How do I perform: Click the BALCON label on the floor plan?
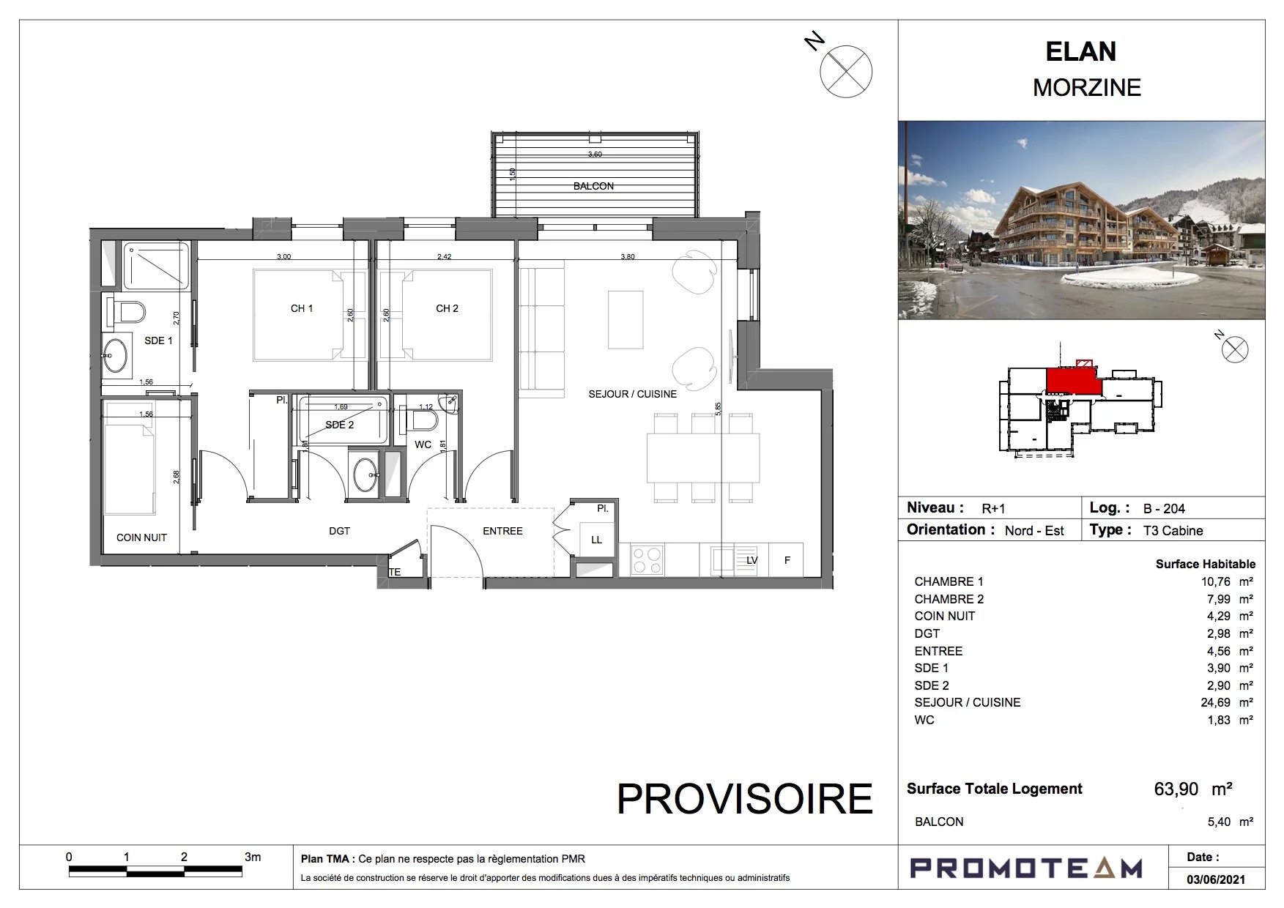click(593, 186)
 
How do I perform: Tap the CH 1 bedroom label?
click(302, 308)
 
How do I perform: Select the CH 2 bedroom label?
click(447, 308)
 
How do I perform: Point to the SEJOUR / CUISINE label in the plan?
click(633, 394)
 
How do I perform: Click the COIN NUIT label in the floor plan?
click(141, 537)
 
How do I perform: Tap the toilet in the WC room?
click(424, 419)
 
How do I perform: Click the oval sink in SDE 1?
click(115, 356)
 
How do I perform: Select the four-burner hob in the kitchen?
click(647, 560)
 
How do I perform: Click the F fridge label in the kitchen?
click(787, 560)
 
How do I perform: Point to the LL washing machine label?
click(596, 540)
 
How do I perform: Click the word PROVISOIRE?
click(745, 799)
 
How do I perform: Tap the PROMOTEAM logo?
click(1026, 868)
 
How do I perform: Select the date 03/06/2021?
click(1216, 879)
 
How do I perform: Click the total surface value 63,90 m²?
click(1193, 789)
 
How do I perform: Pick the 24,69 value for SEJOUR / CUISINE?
click(1216, 702)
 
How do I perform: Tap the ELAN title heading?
click(1081, 52)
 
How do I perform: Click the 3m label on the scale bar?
click(253, 857)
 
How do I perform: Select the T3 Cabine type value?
click(1173, 531)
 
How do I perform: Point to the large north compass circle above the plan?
click(846, 71)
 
